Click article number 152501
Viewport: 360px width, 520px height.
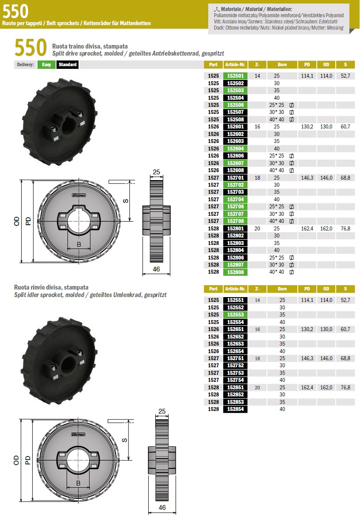[x=235, y=76]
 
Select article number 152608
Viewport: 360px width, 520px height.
[x=235, y=170]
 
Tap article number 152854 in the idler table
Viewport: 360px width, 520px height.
[x=235, y=409]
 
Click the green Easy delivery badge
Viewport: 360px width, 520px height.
[x=46, y=64]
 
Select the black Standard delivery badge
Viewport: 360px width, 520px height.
[x=67, y=64]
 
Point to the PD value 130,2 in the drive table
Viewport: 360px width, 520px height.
[x=307, y=127]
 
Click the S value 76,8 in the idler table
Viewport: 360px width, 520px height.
[x=345, y=387]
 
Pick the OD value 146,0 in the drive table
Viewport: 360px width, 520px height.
[x=326, y=178]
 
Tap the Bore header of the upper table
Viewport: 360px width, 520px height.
[x=282, y=64]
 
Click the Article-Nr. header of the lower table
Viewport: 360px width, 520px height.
[x=235, y=289]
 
